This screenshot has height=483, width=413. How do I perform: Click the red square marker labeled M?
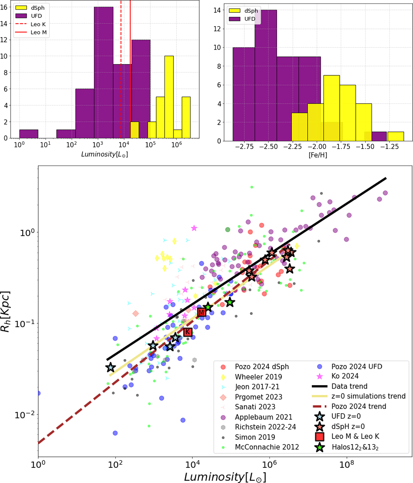[x=202, y=312]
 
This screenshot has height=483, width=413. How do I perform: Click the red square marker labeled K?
[x=188, y=332]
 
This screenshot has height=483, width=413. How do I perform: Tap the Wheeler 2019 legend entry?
[x=258, y=377]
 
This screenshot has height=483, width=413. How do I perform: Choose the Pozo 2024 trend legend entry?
[x=359, y=406]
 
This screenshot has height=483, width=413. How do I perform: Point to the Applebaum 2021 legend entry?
[x=263, y=417]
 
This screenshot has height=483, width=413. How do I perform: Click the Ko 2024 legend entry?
[x=345, y=376]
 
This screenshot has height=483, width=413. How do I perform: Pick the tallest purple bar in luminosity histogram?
[x=104, y=72]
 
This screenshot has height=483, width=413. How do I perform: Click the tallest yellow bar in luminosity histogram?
[x=169, y=97]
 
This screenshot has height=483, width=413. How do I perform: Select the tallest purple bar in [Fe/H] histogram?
[x=266, y=75]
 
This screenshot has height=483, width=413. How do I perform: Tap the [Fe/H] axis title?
[x=318, y=155]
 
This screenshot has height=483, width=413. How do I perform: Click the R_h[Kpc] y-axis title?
[x=6, y=312]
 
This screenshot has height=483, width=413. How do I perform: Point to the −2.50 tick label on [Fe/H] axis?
[x=268, y=147]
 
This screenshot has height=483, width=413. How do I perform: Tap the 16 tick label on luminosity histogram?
[x=4, y=7]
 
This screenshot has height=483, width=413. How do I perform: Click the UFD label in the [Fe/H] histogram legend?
[x=250, y=19]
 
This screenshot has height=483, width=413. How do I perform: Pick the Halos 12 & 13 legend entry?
[x=355, y=447]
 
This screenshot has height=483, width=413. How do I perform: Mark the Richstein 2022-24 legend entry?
[x=265, y=427]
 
